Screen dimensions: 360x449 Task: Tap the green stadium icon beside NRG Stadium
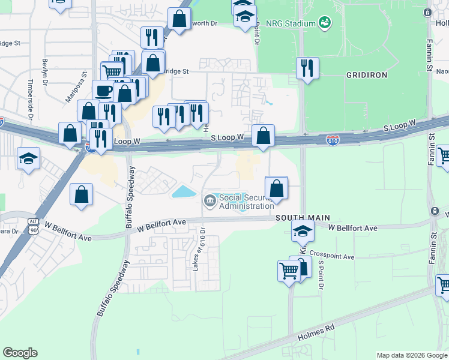(325, 23)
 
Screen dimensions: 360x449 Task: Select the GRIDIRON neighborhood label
(367, 75)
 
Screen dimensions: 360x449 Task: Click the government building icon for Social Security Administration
(210, 200)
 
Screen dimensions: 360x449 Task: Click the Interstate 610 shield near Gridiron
(333, 140)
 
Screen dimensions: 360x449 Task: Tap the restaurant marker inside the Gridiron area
(308, 68)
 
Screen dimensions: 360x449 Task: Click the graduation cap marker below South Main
(303, 230)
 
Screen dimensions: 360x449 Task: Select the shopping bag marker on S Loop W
(263, 136)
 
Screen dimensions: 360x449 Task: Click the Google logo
(20, 352)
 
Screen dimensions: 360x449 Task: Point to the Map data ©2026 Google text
(411, 355)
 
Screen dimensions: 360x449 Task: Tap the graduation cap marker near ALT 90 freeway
(28, 158)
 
